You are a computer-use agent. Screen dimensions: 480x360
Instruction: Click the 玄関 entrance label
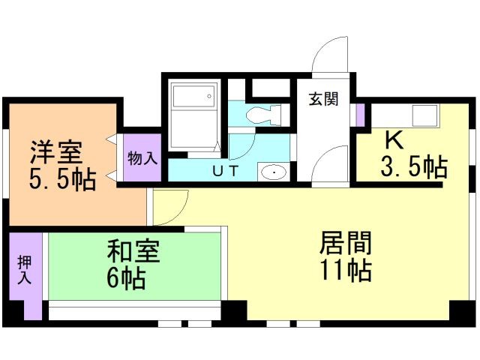click(x=323, y=99)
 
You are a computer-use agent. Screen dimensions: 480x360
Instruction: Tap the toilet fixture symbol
click(x=263, y=115)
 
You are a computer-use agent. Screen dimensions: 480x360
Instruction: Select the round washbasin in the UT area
click(x=274, y=172)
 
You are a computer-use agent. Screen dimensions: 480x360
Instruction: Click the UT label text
click(x=225, y=171)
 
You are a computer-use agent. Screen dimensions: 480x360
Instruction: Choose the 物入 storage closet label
click(x=142, y=158)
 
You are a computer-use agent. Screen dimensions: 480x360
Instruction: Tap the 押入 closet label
click(x=25, y=270)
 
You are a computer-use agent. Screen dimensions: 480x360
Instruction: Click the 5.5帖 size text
click(x=62, y=179)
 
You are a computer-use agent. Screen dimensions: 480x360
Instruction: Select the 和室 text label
click(x=133, y=251)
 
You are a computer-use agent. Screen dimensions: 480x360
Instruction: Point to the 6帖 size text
click(x=126, y=278)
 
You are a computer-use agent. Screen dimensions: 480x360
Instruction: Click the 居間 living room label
click(x=345, y=243)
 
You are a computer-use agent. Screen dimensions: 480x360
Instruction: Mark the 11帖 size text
click(x=346, y=270)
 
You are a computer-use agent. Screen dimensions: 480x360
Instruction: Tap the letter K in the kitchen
click(x=394, y=140)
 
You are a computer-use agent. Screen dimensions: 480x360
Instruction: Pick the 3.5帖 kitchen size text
click(x=414, y=166)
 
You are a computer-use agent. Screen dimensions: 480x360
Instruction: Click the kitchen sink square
click(x=424, y=115)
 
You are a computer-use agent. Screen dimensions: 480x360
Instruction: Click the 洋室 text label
click(x=56, y=152)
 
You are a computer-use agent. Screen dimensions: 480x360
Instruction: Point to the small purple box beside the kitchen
click(x=361, y=115)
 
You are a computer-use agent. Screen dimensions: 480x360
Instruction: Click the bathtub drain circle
click(x=209, y=96)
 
